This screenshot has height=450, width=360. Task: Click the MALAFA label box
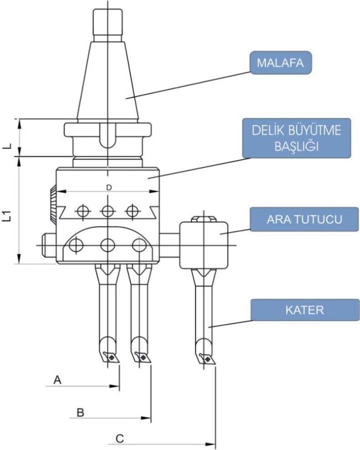pos(281,63)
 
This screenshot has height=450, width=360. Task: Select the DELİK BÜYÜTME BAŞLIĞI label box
pos(297,138)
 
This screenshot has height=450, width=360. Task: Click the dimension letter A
pos(58,379)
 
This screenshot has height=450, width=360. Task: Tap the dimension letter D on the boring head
pos(108,187)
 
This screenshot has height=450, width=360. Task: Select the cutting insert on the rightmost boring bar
pos(208,359)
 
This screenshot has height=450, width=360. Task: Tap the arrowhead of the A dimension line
pos(116,386)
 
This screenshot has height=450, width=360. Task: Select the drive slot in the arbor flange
pos(107,136)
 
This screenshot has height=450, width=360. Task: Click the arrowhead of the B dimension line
pos(147,418)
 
